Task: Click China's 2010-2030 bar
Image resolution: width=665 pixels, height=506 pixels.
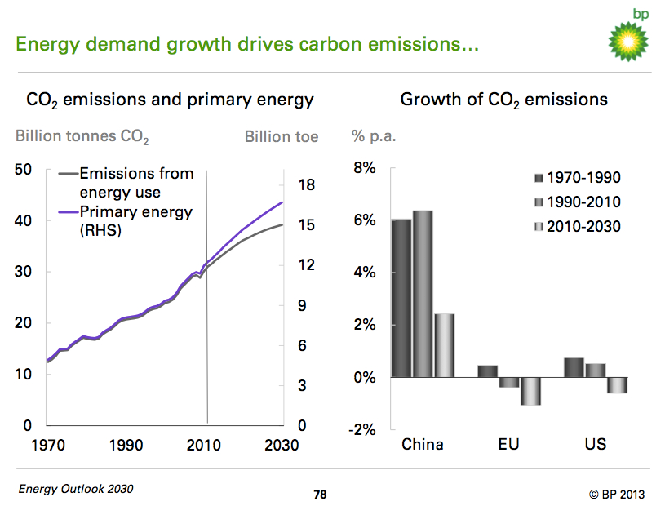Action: (444, 345)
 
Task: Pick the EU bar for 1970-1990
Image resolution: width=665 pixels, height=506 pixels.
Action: (487, 371)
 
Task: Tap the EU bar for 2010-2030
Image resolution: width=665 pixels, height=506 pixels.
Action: (530, 391)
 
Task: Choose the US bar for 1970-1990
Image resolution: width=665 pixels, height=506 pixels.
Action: (574, 367)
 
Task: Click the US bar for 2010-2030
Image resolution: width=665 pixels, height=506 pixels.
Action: (617, 385)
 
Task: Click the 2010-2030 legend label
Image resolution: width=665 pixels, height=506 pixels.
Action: (583, 227)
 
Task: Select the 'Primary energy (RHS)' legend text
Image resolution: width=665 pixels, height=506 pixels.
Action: (135, 220)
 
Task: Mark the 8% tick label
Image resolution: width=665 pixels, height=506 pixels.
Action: (363, 168)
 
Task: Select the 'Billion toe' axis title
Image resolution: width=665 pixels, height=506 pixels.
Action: (282, 136)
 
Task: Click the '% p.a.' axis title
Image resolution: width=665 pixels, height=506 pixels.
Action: (374, 135)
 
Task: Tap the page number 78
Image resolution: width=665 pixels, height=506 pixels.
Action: (321, 495)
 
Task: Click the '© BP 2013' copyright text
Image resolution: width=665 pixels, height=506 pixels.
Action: (616, 494)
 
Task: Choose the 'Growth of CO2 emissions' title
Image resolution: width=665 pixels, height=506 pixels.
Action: (503, 100)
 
